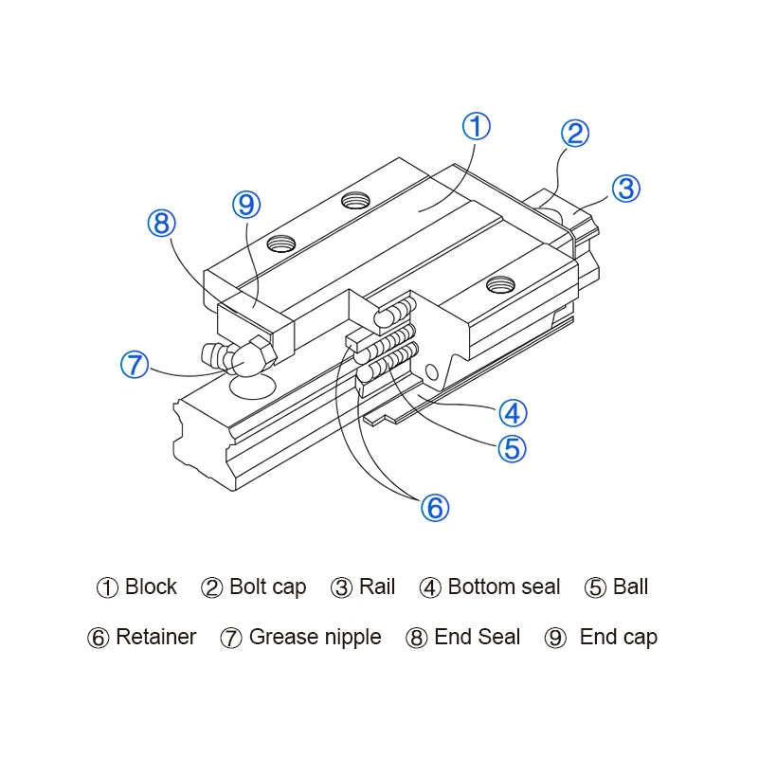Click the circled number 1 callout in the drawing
coord(477,127)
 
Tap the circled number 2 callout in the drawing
coord(575,134)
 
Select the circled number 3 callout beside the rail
coord(625,189)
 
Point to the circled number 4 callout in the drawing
coord(513,413)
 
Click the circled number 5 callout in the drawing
coord(511,448)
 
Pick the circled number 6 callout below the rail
coord(434,508)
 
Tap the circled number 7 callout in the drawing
coord(135,365)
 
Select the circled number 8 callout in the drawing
coord(162,224)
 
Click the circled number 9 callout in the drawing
coord(246,204)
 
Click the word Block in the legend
coord(151,587)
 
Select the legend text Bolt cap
coord(267,587)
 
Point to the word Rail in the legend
coord(377,587)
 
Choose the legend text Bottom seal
coord(503,587)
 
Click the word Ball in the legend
coord(630,587)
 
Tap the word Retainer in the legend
coord(155,638)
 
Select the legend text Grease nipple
coord(315,638)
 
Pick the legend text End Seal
coord(477,638)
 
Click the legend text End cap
coord(618,638)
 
